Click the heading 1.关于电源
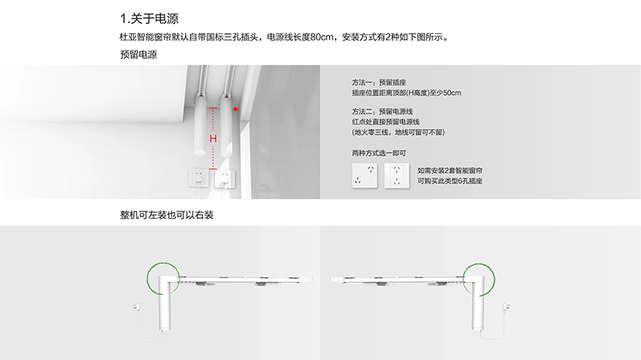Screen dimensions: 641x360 [x=149, y=19]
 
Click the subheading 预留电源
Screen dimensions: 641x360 [x=139, y=55]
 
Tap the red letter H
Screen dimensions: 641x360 [x=213, y=139]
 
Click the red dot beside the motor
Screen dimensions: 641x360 [x=235, y=109]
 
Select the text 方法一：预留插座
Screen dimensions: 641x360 [x=379, y=83]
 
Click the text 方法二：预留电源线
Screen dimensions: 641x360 [x=383, y=112]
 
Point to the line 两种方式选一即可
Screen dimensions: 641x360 [x=379, y=153]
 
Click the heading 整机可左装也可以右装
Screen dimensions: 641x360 [x=167, y=215]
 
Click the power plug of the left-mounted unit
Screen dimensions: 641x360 [x=136, y=306]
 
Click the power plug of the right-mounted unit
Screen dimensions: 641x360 [x=506, y=306]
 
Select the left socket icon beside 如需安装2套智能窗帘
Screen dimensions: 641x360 [x=364, y=175]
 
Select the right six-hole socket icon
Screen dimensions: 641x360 [x=397, y=176]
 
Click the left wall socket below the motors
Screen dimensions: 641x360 [x=199, y=178]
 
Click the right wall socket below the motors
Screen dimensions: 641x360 [x=225, y=179]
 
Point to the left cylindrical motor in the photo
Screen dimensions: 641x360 [x=200, y=125]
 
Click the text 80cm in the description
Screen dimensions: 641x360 [x=322, y=37]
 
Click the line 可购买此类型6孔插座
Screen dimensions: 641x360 [x=450, y=181]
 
